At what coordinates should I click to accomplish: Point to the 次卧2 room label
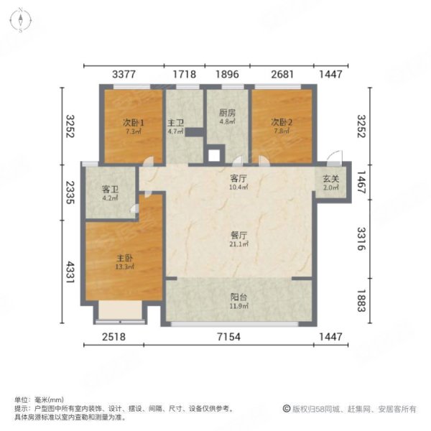click(x=280, y=122)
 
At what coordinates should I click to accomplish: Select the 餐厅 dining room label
click(x=238, y=235)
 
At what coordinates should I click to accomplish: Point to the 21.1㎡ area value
click(x=238, y=244)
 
